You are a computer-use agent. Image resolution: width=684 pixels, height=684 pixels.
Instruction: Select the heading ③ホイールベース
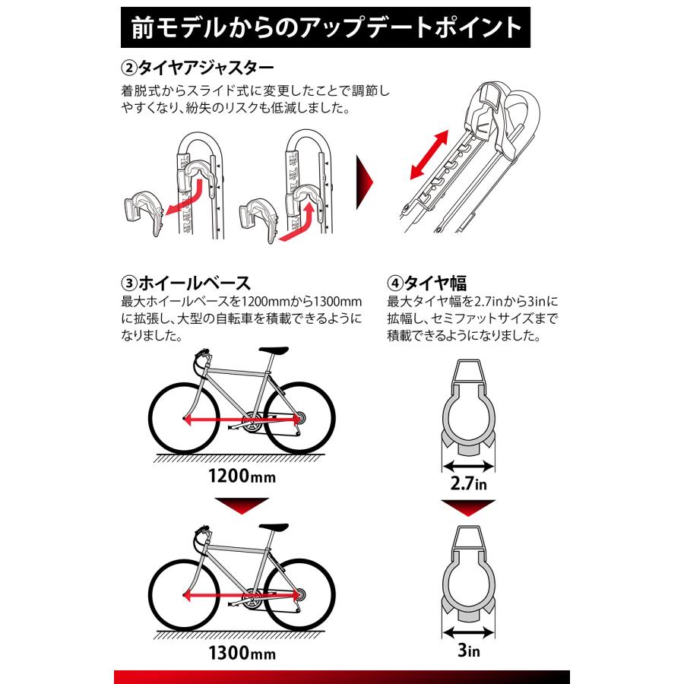coord(185,282)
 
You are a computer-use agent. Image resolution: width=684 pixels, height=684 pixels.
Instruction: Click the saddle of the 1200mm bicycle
coord(275,351)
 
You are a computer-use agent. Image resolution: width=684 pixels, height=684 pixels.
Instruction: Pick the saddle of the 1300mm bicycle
coord(275,525)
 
